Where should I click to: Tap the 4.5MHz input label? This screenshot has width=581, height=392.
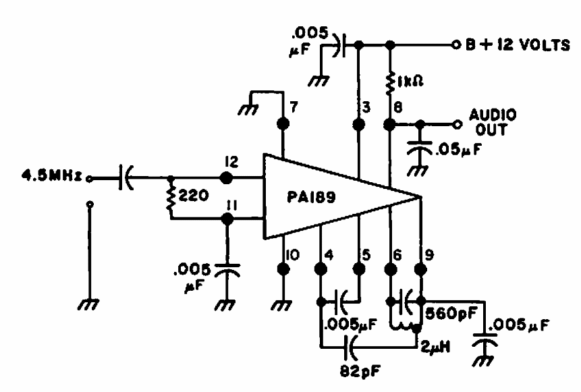[x=43, y=177]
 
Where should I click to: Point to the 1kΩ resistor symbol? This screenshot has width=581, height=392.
[x=390, y=82]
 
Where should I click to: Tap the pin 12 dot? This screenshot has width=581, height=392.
[x=227, y=178]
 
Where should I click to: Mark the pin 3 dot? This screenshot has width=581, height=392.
[x=358, y=125]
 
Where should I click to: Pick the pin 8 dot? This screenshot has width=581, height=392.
[x=390, y=125]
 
